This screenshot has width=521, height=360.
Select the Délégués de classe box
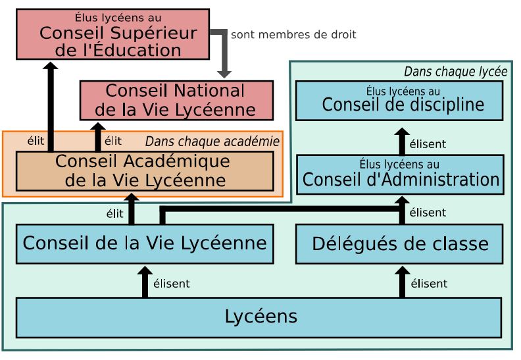point(399,244)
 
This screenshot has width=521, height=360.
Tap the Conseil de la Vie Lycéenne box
point(144,244)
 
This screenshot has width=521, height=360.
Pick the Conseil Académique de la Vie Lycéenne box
point(144,170)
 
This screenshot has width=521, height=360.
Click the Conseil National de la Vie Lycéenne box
point(176,100)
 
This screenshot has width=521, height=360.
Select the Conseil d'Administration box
point(399,174)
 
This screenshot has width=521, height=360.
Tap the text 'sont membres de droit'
point(293,34)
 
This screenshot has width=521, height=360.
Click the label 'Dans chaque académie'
point(212,141)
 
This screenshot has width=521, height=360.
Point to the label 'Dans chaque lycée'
point(455,71)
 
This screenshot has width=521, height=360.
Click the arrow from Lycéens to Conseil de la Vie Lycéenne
point(145,282)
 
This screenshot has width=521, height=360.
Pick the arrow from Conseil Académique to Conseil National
point(97,137)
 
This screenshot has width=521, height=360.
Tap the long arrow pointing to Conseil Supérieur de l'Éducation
point(51,105)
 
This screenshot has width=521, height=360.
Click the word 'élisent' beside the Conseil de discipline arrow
point(428,144)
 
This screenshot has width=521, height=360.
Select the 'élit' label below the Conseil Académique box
point(114,213)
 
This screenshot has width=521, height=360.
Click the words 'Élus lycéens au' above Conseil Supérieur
point(112,18)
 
